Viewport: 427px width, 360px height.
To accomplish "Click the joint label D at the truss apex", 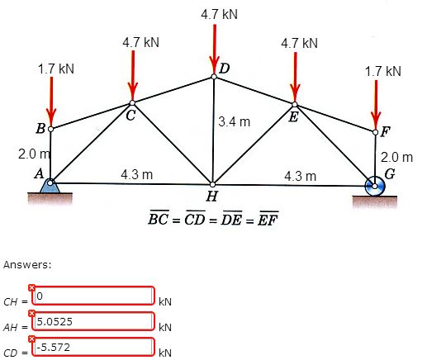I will pyautogui.click(x=224, y=68).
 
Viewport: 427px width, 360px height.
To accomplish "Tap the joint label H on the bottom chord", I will pyautogui.click(x=211, y=196).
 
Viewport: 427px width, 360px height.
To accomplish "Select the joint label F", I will pyautogui.click(x=387, y=130).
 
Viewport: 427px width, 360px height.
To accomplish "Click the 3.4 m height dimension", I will pyautogui.click(x=235, y=122).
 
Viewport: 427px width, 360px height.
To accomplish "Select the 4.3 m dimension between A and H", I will pyautogui.click(x=136, y=174).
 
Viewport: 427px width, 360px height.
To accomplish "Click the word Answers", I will pyautogui.click(x=27, y=264).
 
